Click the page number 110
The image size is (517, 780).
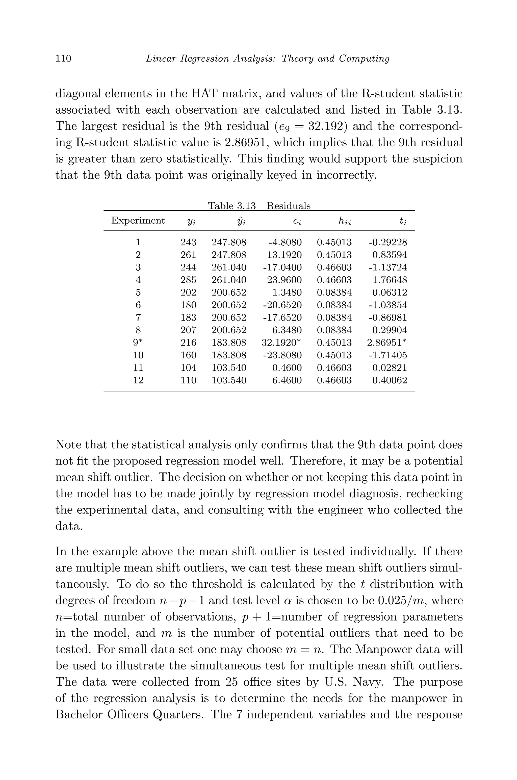coord(63,58)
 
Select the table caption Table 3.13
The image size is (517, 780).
coord(231,206)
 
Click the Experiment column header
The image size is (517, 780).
coord(138,221)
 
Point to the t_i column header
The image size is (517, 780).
coord(403,221)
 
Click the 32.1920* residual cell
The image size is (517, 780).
coord(281,343)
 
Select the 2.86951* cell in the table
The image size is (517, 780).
coord(386,343)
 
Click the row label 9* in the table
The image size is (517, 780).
coord(138,343)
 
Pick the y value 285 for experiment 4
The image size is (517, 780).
coord(188,280)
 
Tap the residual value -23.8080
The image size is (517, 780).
coord(282,355)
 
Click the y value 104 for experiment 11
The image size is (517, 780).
coord(188,368)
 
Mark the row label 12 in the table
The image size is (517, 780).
coord(138,380)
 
